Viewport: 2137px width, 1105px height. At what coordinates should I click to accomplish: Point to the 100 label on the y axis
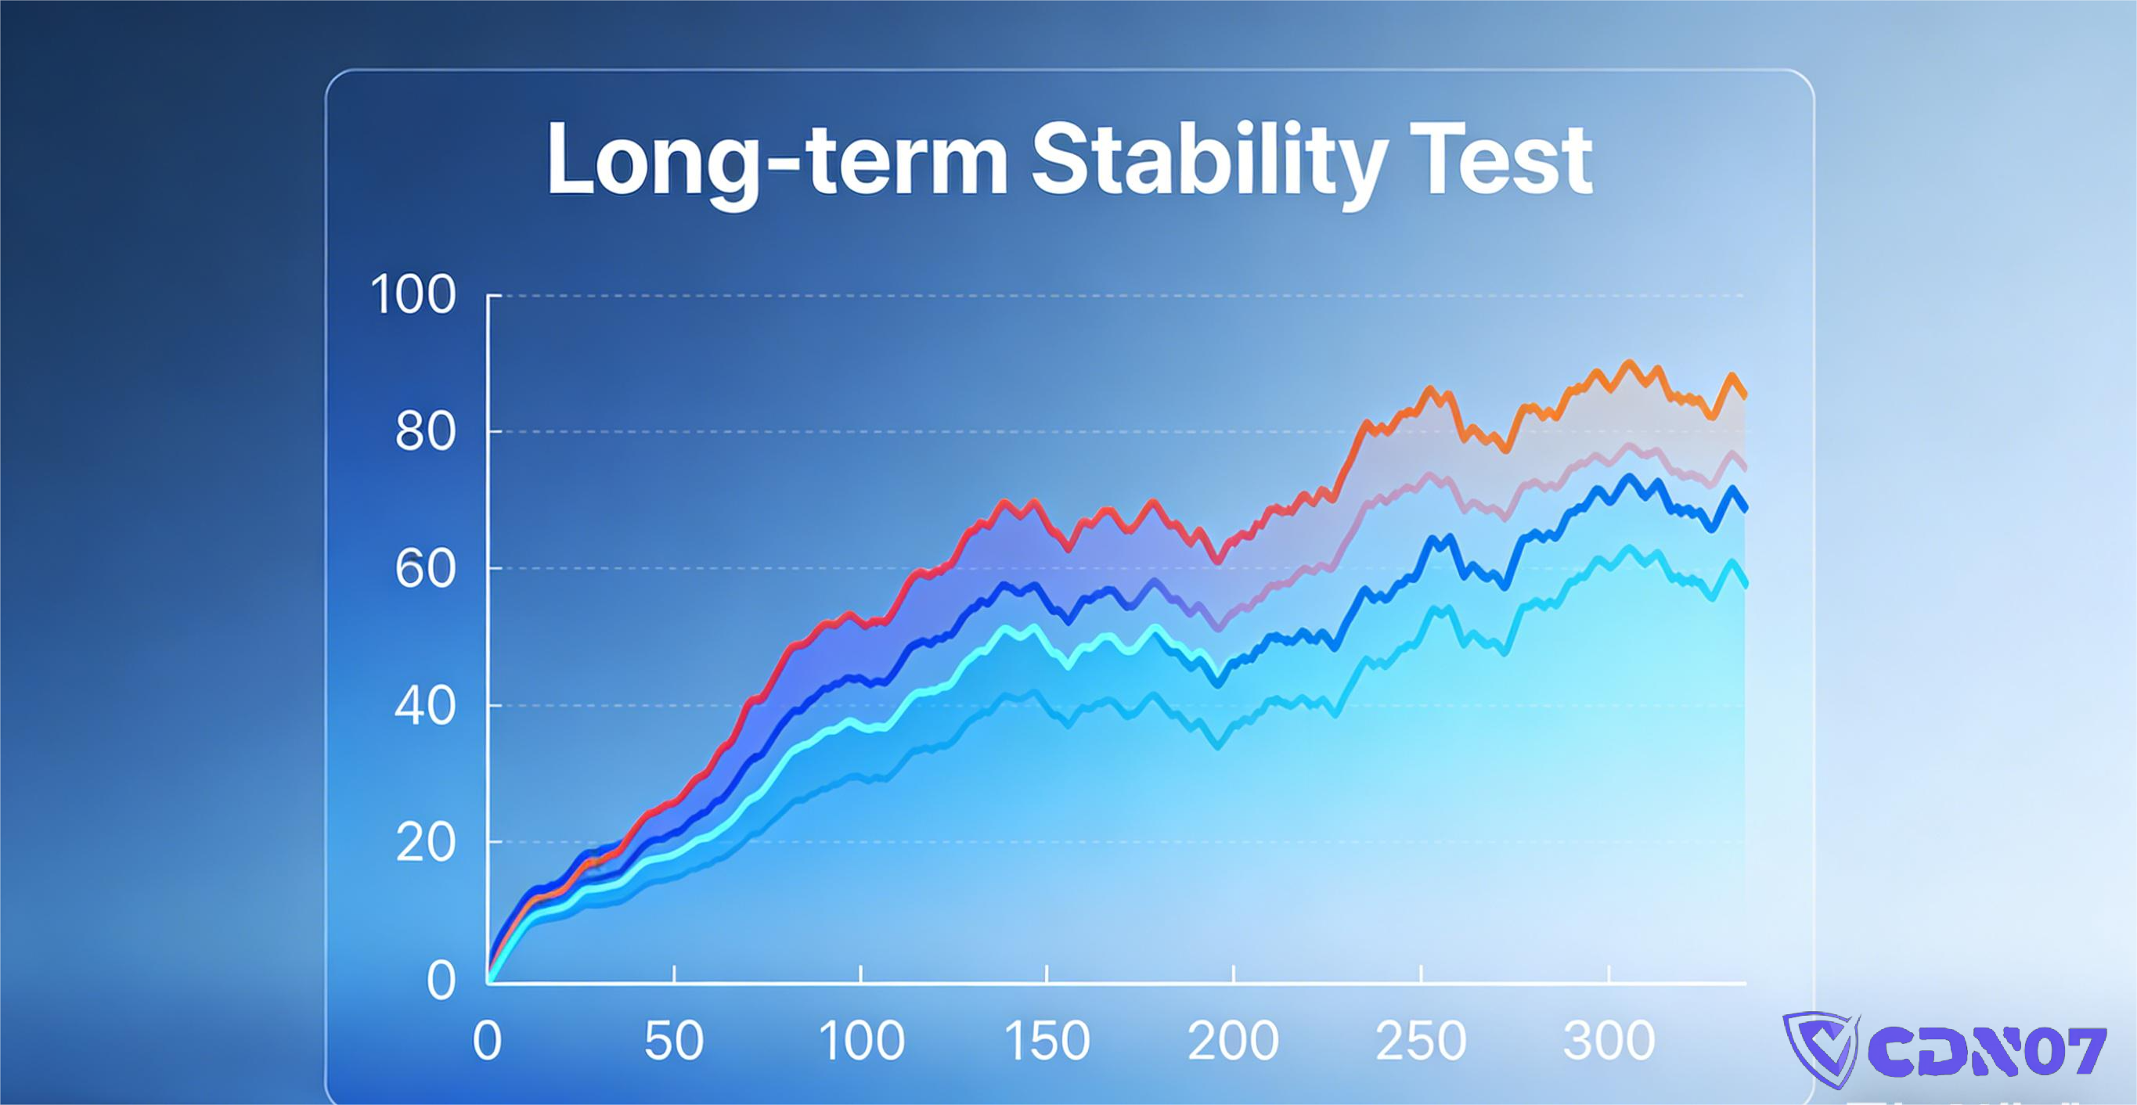[413, 295]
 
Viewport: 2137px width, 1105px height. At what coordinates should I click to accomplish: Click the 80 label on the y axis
[425, 432]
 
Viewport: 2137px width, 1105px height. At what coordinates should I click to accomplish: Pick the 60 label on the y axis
[425, 570]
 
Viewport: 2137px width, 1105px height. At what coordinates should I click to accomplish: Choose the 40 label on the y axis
[425, 707]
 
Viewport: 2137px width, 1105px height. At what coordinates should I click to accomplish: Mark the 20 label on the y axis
[425, 844]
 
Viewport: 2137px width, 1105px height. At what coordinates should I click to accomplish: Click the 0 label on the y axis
[441, 981]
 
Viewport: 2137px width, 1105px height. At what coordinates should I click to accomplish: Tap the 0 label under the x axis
[487, 1041]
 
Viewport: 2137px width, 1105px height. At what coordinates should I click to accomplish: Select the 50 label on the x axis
[674, 1041]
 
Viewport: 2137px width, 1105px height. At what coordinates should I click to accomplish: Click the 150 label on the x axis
[1047, 1041]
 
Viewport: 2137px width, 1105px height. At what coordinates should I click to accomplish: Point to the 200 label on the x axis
[1234, 1041]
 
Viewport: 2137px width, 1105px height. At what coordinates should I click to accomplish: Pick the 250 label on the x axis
[1421, 1041]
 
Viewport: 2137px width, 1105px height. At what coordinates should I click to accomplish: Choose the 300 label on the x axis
[1609, 1041]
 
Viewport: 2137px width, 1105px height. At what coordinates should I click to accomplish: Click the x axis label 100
[861, 1041]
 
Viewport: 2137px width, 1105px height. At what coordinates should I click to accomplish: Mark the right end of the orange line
[1746, 396]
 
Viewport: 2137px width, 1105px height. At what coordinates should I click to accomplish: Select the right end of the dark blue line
[1746, 509]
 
